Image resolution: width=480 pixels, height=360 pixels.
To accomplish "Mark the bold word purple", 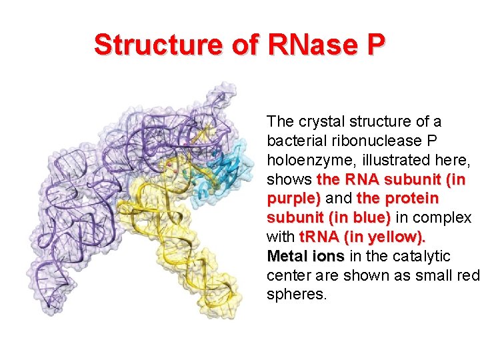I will click(291, 199).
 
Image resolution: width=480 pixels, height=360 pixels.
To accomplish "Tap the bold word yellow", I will click(397, 237).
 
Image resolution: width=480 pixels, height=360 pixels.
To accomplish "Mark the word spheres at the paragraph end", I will click(296, 295).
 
